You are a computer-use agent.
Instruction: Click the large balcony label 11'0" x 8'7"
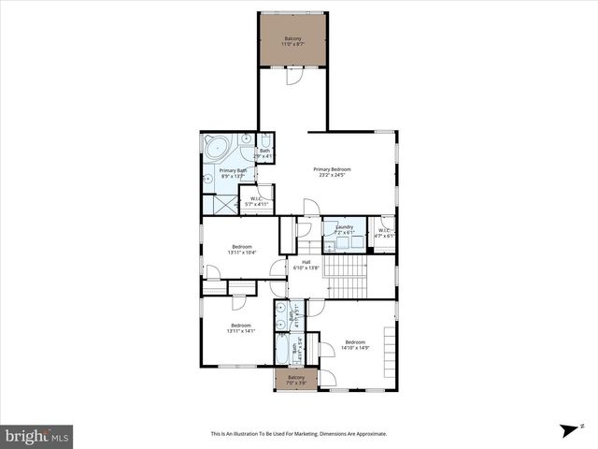[293, 42]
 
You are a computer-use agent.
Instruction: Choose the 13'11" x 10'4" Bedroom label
[241, 250]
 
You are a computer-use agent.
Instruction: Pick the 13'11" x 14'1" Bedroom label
[241, 327]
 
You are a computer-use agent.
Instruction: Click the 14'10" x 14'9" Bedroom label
[355, 344]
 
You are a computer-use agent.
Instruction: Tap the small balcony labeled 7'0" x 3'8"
[296, 380]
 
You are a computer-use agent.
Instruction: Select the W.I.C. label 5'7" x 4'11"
[256, 200]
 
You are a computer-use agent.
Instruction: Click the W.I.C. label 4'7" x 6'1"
[384, 233]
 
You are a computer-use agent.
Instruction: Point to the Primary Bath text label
[233, 173]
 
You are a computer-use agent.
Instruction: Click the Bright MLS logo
[37, 436]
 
